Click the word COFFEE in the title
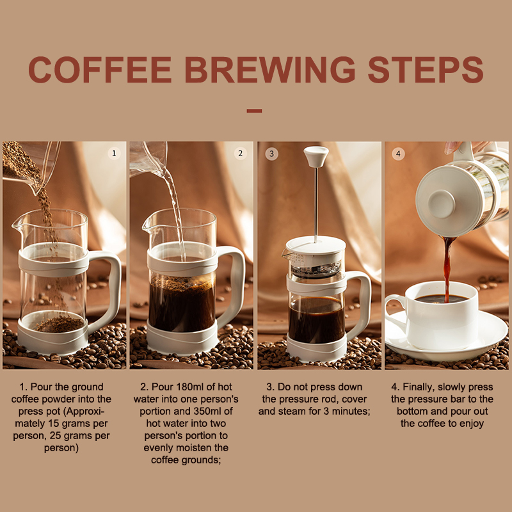[x=100, y=70]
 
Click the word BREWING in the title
[x=270, y=70]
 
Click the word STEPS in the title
[x=426, y=70]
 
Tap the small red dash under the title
[x=254, y=111]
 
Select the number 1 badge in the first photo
[x=114, y=153]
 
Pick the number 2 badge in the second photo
[x=241, y=153]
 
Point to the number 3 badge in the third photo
[x=271, y=154]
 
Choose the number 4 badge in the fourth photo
[x=398, y=154]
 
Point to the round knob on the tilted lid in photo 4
[x=441, y=204]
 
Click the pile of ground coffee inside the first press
[x=60, y=324]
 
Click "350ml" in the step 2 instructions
[x=207, y=411]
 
